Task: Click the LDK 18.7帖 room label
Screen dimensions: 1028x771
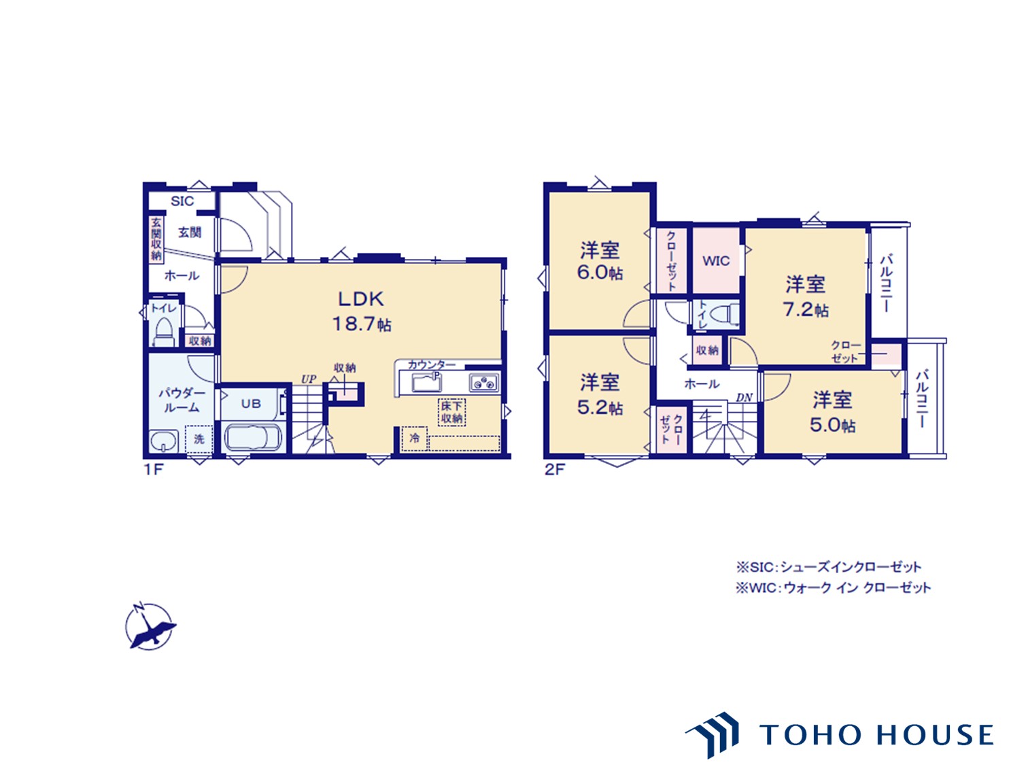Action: pos(362,311)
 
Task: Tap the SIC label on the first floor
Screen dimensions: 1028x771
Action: pos(182,201)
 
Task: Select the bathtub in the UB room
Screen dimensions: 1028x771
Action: pos(253,438)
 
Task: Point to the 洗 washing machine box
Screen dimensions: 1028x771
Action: pos(199,439)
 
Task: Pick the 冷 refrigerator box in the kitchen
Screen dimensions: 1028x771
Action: pos(415,439)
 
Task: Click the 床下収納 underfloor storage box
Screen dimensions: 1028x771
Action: pos(451,412)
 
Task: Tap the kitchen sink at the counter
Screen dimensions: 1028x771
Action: pos(427,383)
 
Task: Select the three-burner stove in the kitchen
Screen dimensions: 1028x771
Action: pos(484,383)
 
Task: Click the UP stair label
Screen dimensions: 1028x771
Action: pos(309,379)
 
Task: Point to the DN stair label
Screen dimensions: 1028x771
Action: pos(744,398)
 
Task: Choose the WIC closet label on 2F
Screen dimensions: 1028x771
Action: pos(716,261)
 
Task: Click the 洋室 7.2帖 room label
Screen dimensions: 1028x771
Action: pos(806,297)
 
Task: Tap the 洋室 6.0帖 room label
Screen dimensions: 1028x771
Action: pos(600,261)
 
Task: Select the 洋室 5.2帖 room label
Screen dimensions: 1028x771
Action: pos(600,394)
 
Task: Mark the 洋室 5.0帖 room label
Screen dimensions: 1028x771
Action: pos(832,412)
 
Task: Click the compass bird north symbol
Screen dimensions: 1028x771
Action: pos(150,626)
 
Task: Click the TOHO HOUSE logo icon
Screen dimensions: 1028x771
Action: pos(713,734)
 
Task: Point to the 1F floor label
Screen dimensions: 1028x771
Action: pos(153,470)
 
